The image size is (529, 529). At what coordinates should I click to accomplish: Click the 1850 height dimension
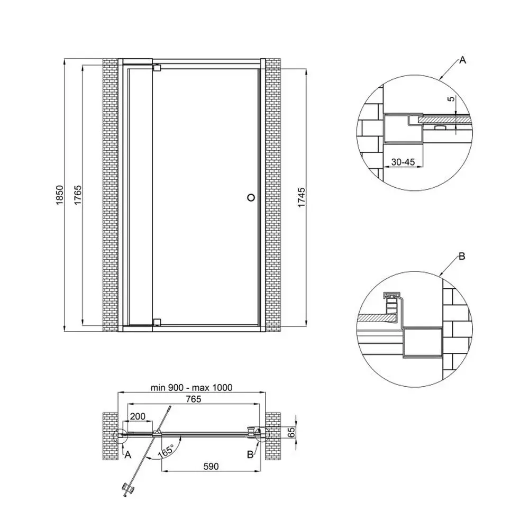[x=59, y=195]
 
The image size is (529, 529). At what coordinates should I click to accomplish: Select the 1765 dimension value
[x=78, y=195]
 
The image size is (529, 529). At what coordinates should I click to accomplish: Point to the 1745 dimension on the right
[x=302, y=197]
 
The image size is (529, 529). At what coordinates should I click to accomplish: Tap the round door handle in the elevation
[x=251, y=197]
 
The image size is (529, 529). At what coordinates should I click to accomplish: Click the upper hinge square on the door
[x=157, y=68]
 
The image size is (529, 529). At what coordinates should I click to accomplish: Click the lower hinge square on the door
[x=157, y=322]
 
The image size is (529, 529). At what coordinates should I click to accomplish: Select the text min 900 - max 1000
[x=191, y=387]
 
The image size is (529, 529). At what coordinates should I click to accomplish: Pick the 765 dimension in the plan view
[x=194, y=399]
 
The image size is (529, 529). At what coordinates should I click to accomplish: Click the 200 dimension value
[x=138, y=416]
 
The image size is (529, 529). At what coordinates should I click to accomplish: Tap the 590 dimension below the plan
[x=211, y=466]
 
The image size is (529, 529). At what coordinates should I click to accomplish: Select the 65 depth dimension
[x=291, y=432]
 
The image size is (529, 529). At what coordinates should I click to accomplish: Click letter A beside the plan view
[x=128, y=455]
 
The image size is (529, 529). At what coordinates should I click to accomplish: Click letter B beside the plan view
[x=250, y=455]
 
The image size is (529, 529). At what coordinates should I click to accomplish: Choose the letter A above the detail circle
[x=462, y=60]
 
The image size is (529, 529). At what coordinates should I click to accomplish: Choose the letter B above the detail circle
[x=462, y=257]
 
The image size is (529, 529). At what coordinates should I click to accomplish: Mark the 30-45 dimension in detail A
[x=403, y=162]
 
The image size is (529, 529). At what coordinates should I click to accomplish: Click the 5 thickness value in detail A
[x=451, y=98]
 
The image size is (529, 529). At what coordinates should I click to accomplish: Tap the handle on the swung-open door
[x=128, y=489]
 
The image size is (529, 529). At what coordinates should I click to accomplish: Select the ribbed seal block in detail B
[x=391, y=305]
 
